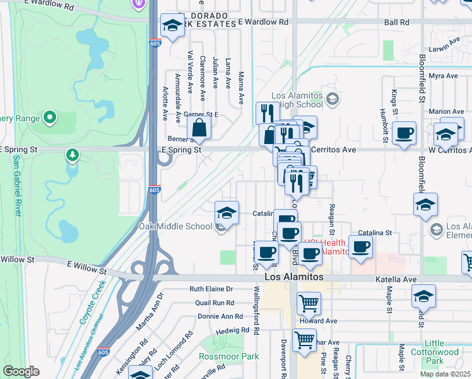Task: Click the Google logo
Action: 21,371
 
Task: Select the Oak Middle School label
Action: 175,226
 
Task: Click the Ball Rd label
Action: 396,21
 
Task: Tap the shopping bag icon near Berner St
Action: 199,128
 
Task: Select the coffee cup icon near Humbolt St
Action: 404,133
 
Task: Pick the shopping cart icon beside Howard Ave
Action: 309,303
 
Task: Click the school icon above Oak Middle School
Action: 227,212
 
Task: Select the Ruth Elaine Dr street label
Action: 211,289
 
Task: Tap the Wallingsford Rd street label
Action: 257,313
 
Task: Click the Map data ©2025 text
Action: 445,374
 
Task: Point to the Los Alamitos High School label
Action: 297,100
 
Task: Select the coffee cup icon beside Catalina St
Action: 360,246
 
